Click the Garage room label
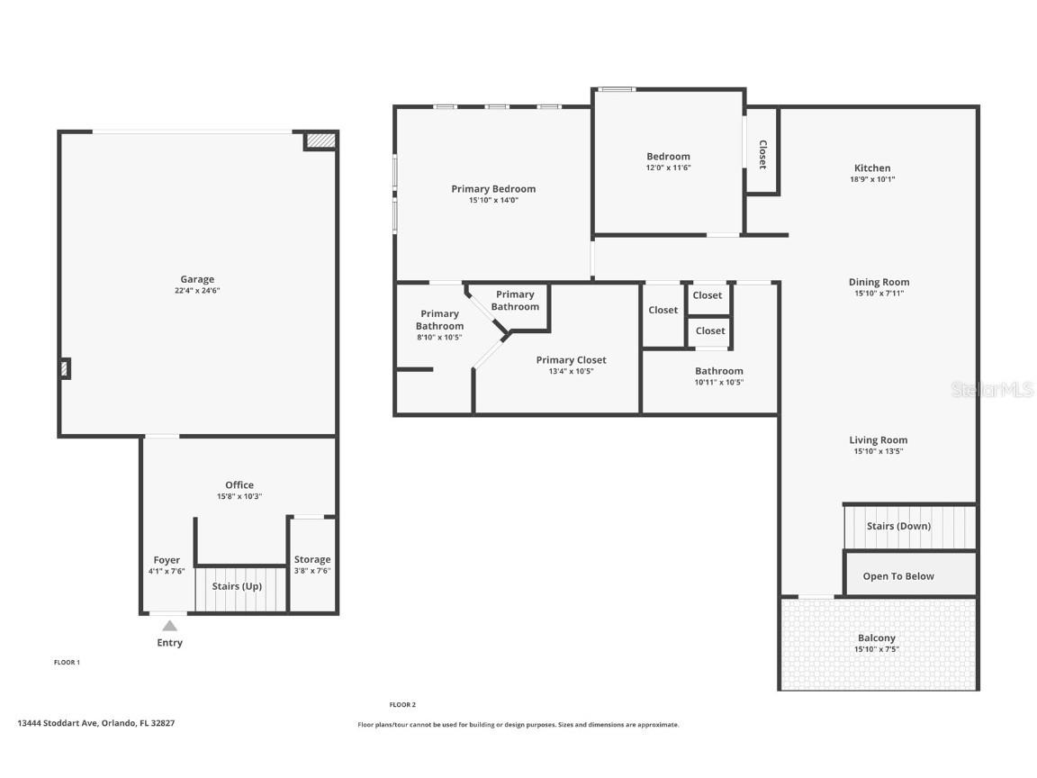pyautogui.click(x=197, y=279)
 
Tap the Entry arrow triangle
pyautogui.click(x=169, y=626)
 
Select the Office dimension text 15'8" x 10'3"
pyautogui.click(x=239, y=496)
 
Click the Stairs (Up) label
pyautogui.click(x=238, y=586)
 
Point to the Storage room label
pyautogui.click(x=312, y=559)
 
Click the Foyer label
pyautogui.click(x=167, y=559)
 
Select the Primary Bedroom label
pyautogui.click(x=493, y=189)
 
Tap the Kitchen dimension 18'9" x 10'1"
pyautogui.click(x=872, y=179)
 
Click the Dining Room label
pyautogui.click(x=879, y=282)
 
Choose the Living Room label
pyautogui.click(x=879, y=440)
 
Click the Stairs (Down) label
pyautogui.click(x=898, y=526)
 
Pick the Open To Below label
pyautogui.click(x=898, y=576)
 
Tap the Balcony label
pyautogui.click(x=877, y=638)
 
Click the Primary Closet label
pyautogui.click(x=571, y=360)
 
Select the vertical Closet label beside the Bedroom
pyautogui.click(x=762, y=154)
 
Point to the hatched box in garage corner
pyautogui.click(x=320, y=140)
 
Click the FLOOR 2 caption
pyautogui.click(x=402, y=705)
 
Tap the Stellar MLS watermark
pyautogui.click(x=993, y=389)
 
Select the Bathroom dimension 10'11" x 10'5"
pyautogui.click(x=718, y=382)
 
